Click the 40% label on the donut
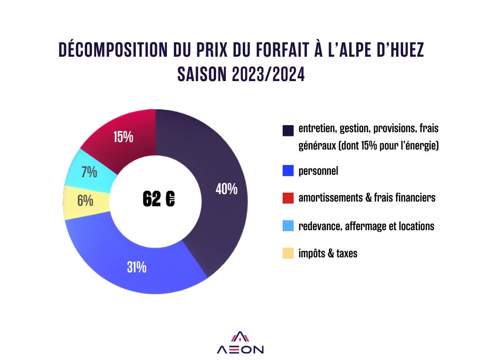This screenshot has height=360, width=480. (x=226, y=189)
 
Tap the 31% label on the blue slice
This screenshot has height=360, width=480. (x=136, y=267)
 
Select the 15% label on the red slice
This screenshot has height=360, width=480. (x=123, y=137)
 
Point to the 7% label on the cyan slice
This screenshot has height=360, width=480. (x=89, y=172)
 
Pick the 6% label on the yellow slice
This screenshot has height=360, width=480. (x=85, y=201)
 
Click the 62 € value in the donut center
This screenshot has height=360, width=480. (x=159, y=199)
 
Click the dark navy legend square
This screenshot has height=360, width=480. (x=288, y=130)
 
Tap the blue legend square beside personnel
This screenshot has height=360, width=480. (x=288, y=171)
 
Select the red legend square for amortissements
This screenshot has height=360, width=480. (x=288, y=198)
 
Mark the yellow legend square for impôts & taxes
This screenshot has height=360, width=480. (x=288, y=254)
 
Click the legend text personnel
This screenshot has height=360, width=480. (x=318, y=171)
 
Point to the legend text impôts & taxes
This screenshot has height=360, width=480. (x=328, y=254)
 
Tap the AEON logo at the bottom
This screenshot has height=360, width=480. (x=240, y=344)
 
